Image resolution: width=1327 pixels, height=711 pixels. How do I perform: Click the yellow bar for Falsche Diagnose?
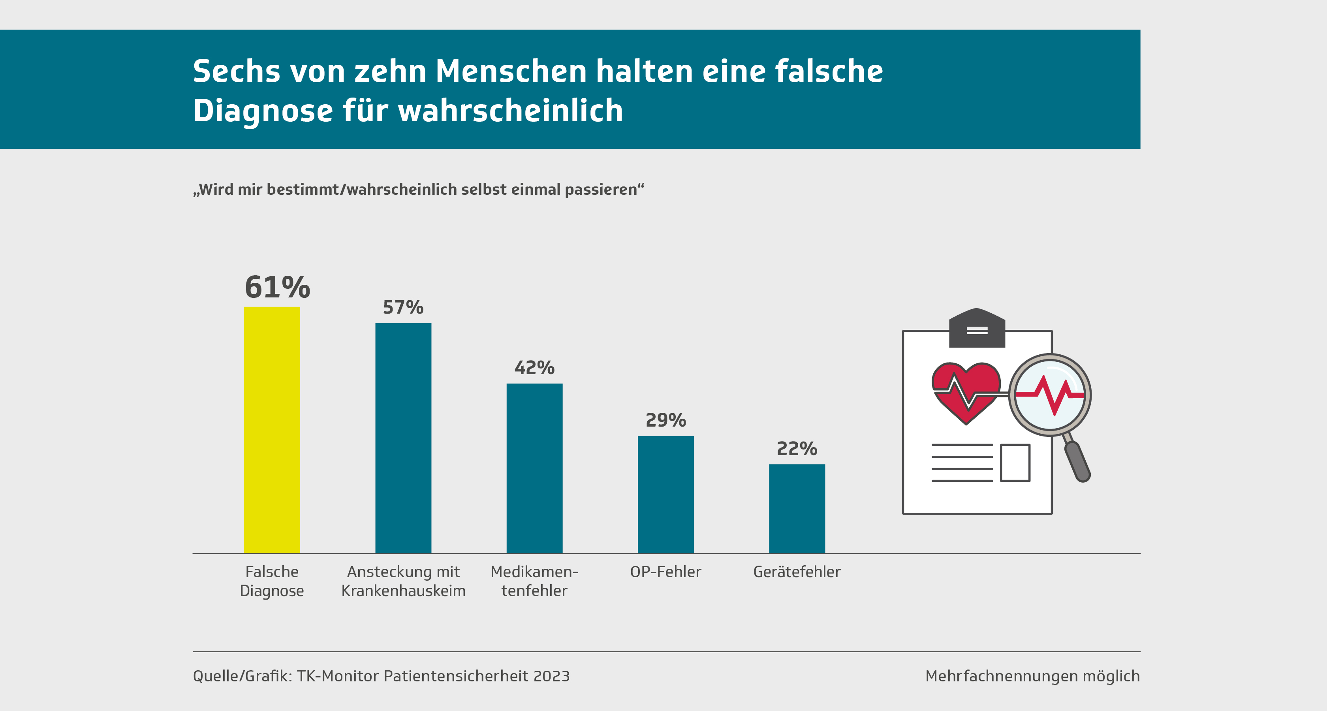pyautogui.click(x=271, y=430)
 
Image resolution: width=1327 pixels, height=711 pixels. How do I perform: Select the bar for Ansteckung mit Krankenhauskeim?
pyautogui.click(x=403, y=438)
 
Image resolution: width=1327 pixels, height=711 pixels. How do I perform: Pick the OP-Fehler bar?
pyautogui.click(x=665, y=494)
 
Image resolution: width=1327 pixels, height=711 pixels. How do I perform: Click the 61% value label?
pyautogui.click(x=277, y=287)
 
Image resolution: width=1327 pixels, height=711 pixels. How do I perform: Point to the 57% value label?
pyautogui.click(x=403, y=308)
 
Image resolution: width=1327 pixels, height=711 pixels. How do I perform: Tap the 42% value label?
pyautogui.click(x=534, y=368)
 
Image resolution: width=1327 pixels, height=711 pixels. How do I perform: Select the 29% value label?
pyautogui.click(x=665, y=420)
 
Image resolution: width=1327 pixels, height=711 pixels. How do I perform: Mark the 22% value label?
pyautogui.click(x=797, y=449)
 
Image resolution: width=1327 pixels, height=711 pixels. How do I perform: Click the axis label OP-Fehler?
pyautogui.click(x=665, y=572)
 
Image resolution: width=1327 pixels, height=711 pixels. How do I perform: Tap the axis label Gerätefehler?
pyautogui.click(x=797, y=572)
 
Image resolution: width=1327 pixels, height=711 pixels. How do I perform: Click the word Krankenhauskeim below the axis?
pyautogui.click(x=403, y=591)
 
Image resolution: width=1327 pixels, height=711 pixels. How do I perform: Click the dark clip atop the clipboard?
pyautogui.click(x=977, y=328)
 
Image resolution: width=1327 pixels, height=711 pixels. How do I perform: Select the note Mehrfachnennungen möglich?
pyautogui.click(x=1032, y=676)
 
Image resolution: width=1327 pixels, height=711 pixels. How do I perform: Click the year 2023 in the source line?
pyautogui.click(x=551, y=676)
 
